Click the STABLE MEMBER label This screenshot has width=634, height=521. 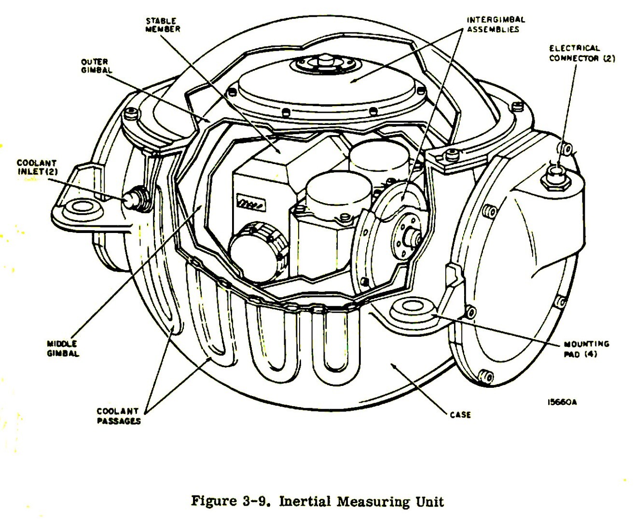click(163, 25)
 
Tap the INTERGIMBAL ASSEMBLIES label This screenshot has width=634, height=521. click(496, 25)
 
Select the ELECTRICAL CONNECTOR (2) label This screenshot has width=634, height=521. click(581, 53)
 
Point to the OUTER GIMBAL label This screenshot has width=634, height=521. click(96, 66)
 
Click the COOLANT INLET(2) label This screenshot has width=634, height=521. click(36, 167)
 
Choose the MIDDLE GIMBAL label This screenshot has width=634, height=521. click(63, 348)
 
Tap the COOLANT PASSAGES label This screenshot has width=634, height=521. click(119, 416)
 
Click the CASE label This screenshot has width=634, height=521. click(459, 414)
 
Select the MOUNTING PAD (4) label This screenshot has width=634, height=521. click(586, 349)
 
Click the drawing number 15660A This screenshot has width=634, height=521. click(562, 402)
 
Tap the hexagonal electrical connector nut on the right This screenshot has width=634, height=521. click(556, 177)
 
